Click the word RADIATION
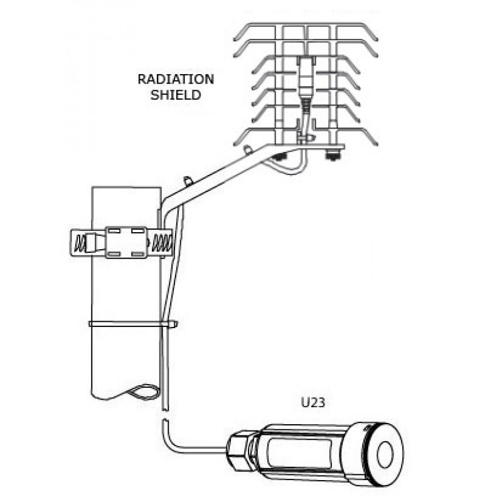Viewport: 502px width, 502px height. click(x=176, y=79)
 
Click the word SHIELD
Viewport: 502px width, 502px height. click(x=176, y=95)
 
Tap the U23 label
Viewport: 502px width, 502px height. click(x=313, y=402)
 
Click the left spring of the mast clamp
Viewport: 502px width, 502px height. click(x=80, y=244)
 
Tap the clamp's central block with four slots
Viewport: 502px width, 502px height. click(x=126, y=242)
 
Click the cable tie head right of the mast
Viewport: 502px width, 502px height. click(x=173, y=324)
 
